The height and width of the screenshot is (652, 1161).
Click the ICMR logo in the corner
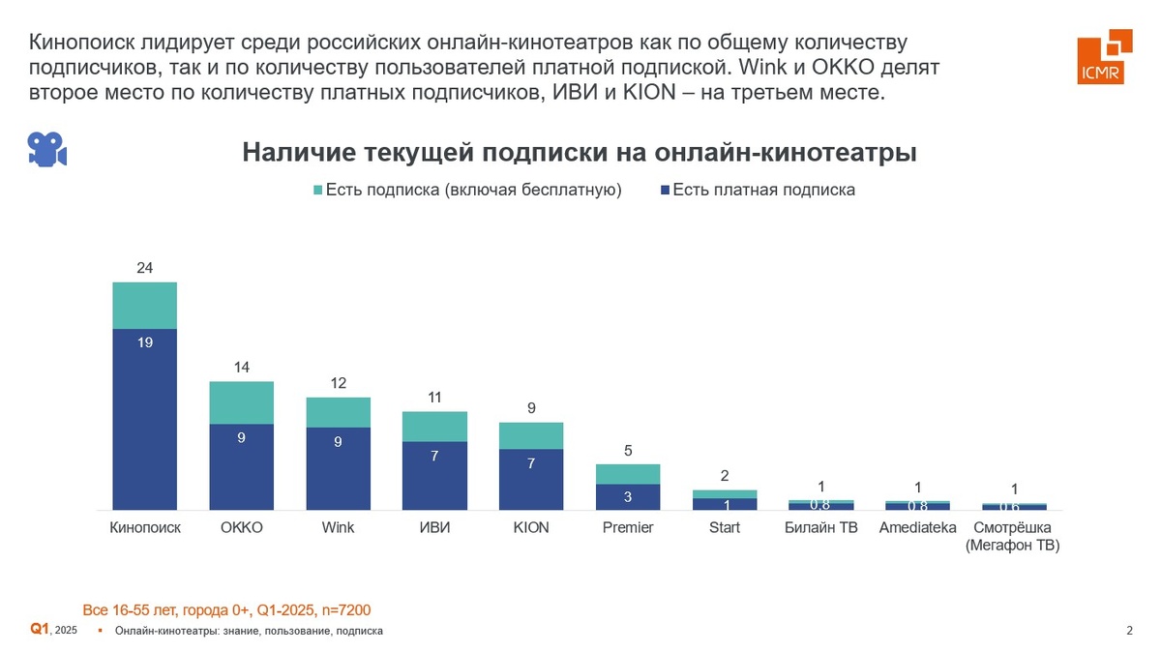click(x=1105, y=56)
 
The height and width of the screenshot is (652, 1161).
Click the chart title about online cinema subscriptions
click(x=579, y=153)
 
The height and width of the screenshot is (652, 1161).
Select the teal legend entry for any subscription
click(x=467, y=190)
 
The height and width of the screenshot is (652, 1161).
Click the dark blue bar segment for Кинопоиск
click(x=144, y=418)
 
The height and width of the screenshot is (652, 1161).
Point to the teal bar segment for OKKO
click(x=241, y=402)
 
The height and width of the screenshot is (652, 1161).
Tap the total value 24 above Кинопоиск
click(x=144, y=267)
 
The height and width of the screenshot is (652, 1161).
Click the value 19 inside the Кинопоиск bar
click(x=144, y=341)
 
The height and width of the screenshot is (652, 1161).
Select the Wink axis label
click(x=338, y=527)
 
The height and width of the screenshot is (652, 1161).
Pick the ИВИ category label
click(x=434, y=527)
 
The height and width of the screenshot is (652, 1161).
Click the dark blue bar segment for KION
click(x=531, y=479)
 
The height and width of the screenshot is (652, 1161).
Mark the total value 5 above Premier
click(x=628, y=450)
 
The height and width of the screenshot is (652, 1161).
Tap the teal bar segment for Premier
click(x=628, y=474)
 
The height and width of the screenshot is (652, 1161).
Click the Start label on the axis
click(x=725, y=527)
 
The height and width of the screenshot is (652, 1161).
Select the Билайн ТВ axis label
click(x=820, y=527)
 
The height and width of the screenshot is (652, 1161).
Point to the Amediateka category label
click(x=917, y=527)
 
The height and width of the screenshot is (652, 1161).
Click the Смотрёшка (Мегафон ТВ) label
click(x=1014, y=536)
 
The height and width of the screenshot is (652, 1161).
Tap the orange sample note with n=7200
click(x=226, y=609)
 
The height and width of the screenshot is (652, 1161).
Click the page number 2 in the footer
click(x=1129, y=631)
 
